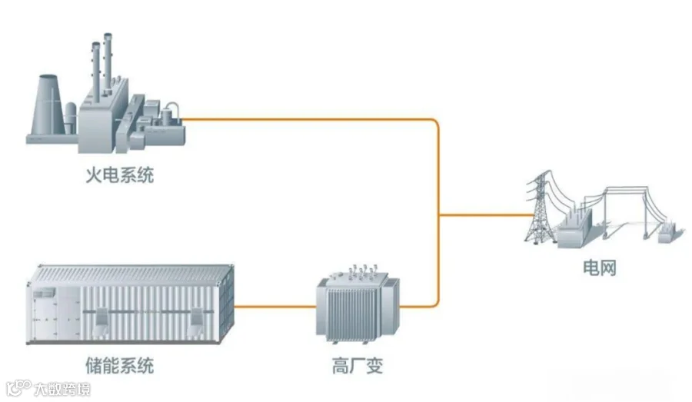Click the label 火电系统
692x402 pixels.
(120, 175)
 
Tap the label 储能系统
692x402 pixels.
(120, 366)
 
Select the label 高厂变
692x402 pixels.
(358, 366)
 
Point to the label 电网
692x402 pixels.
(599, 267)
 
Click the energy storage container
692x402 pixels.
(130, 304)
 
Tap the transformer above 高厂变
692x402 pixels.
(358, 305)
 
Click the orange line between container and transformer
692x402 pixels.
(275, 306)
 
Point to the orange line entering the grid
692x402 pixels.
(487, 215)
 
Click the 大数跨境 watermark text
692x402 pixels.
(62, 389)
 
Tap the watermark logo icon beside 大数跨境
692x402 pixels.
(18, 388)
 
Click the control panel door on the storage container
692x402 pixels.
(45, 314)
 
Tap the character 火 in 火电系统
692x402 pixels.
(94, 175)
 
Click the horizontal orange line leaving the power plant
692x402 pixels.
(307, 119)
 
